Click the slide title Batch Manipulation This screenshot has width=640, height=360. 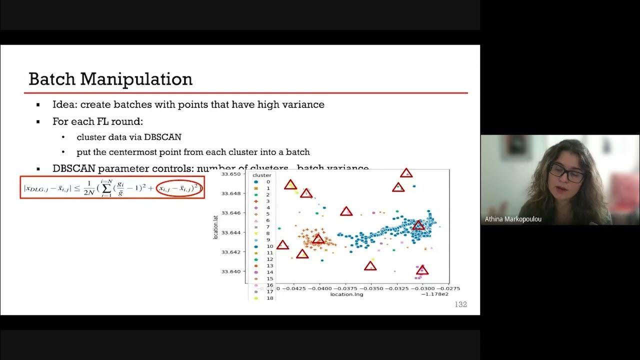(x=110, y=79)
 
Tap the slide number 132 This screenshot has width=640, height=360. (x=460, y=304)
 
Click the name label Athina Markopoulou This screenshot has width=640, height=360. (x=513, y=219)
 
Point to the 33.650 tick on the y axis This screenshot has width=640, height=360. (x=231, y=174)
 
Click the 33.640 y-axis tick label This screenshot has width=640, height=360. (x=231, y=271)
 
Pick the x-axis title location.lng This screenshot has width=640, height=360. (x=346, y=294)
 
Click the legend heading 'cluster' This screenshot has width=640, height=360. (x=262, y=175)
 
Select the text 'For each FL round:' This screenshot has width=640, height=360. (x=98, y=121)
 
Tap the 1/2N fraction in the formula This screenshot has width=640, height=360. (x=88, y=188)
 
